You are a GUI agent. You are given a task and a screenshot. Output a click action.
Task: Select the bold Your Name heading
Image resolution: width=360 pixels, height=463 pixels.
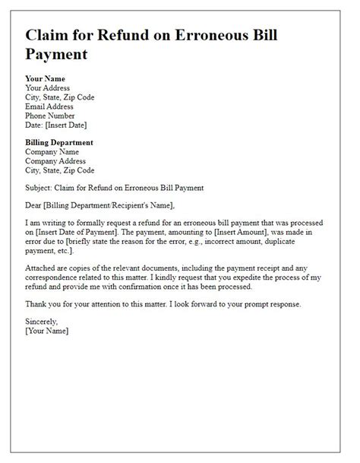click(x=46, y=78)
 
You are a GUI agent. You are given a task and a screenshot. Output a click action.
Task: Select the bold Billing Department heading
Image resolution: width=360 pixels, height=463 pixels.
click(x=59, y=142)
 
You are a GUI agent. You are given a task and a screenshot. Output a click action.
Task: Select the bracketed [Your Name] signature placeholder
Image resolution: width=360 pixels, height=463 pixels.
click(x=47, y=331)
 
